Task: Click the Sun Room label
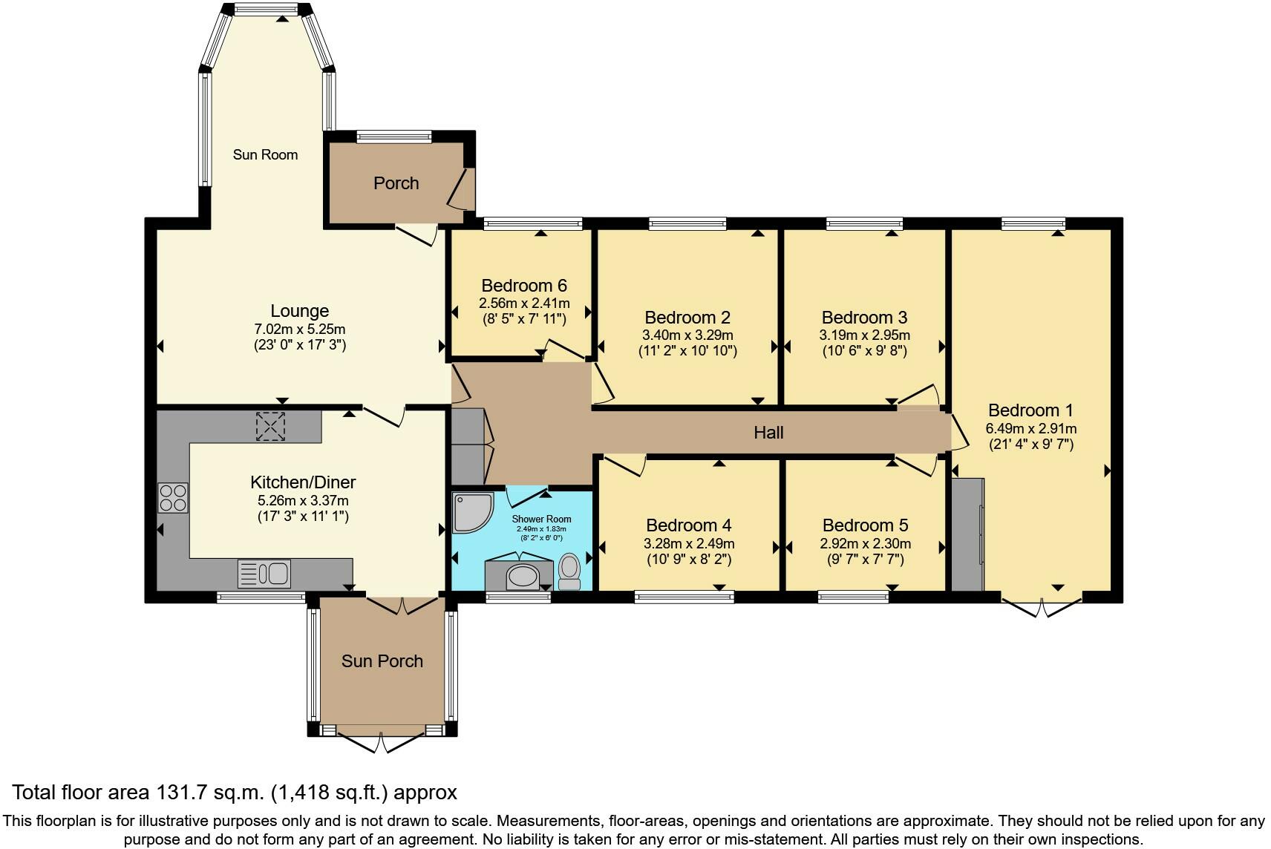click(x=265, y=154)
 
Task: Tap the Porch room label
click(x=396, y=183)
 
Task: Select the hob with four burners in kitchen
click(x=173, y=497)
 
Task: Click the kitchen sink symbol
click(x=264, y=574)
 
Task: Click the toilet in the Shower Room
click(x=570, y=571)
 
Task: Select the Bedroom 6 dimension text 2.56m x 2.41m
click(x=524, y=304)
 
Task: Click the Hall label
click(x=768, y=433)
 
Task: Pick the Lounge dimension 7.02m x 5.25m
click(x=299, y=330)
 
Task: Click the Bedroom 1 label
click(x=1030, y=410)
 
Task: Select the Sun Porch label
click(x=382, y=661)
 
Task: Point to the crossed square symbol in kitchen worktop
click(x=270, y=427)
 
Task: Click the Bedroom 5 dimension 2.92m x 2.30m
click(x=865, y=544)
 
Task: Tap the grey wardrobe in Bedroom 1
click(x=967, y=534)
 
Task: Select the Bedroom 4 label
click(x=688, y=525)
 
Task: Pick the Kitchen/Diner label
click(x=303, y=482)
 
